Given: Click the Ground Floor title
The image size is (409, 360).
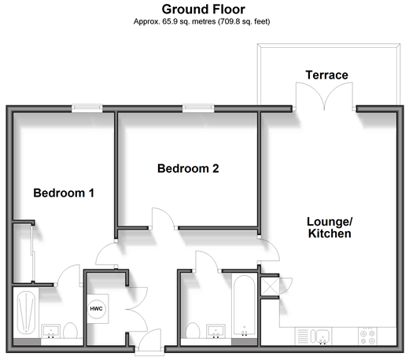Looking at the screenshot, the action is [x=204, y=9].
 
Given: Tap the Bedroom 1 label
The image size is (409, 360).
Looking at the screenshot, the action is [x=64, y=193].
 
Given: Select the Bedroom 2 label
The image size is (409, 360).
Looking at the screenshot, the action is [x=188, y=168].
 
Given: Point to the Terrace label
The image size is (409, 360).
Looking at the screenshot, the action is [x=326, y=75].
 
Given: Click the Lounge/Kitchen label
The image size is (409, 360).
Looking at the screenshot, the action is [x=330, y=227].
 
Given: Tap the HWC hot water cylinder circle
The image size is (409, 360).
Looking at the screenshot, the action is [x=96, y=309].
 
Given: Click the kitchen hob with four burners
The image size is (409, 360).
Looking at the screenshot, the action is [x=367, y=336].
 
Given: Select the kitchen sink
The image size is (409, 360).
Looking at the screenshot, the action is [x=321, y=336].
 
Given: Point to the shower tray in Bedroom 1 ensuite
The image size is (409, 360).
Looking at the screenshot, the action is [x=26, y=313].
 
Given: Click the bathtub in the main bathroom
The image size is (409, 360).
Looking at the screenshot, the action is [x=245, y=306].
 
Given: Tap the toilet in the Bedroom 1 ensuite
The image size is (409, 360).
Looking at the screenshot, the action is [x=70, y=330].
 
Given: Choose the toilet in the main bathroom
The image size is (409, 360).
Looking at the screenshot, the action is [x=193, y=330].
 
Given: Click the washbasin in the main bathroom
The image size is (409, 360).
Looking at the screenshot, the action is [x=216, y=331].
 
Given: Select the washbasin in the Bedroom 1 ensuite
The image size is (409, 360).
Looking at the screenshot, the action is [x=51, y=331].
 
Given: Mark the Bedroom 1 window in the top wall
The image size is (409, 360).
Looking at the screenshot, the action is [x=87, y=108].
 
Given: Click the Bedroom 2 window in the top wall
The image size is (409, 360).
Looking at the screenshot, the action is [x=198, y=108].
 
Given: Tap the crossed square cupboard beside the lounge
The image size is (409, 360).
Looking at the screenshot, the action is [x=270, y=286].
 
